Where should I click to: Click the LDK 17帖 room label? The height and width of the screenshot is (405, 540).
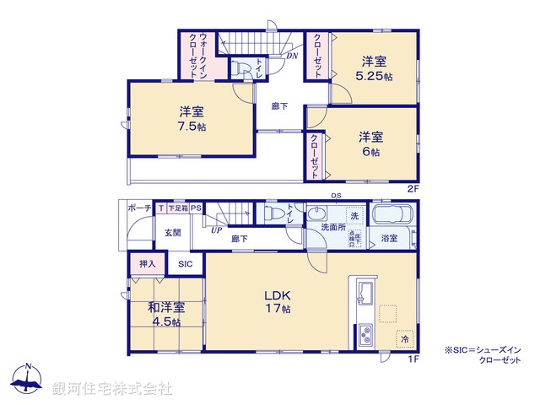[278, 302]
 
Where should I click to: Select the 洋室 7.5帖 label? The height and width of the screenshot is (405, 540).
[191, 119]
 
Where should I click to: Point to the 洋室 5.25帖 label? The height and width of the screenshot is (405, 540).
[375, 67]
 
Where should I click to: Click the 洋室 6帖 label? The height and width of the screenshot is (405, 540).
[370, 143]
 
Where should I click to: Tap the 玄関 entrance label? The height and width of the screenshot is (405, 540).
[171, 232]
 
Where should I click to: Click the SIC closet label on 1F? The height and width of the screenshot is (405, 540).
[185, 264]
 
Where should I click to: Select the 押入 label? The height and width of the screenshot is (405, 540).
[148, 264]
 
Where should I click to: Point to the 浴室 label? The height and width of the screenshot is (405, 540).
[389, 239]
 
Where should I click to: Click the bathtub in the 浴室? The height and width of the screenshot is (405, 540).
[391, 219]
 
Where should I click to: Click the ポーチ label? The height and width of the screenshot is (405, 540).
[139, 208]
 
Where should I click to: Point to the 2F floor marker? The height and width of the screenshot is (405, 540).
[413, 187]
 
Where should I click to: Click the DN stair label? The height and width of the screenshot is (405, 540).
[292, 56]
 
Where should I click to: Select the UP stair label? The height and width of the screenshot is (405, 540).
[216, 229]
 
